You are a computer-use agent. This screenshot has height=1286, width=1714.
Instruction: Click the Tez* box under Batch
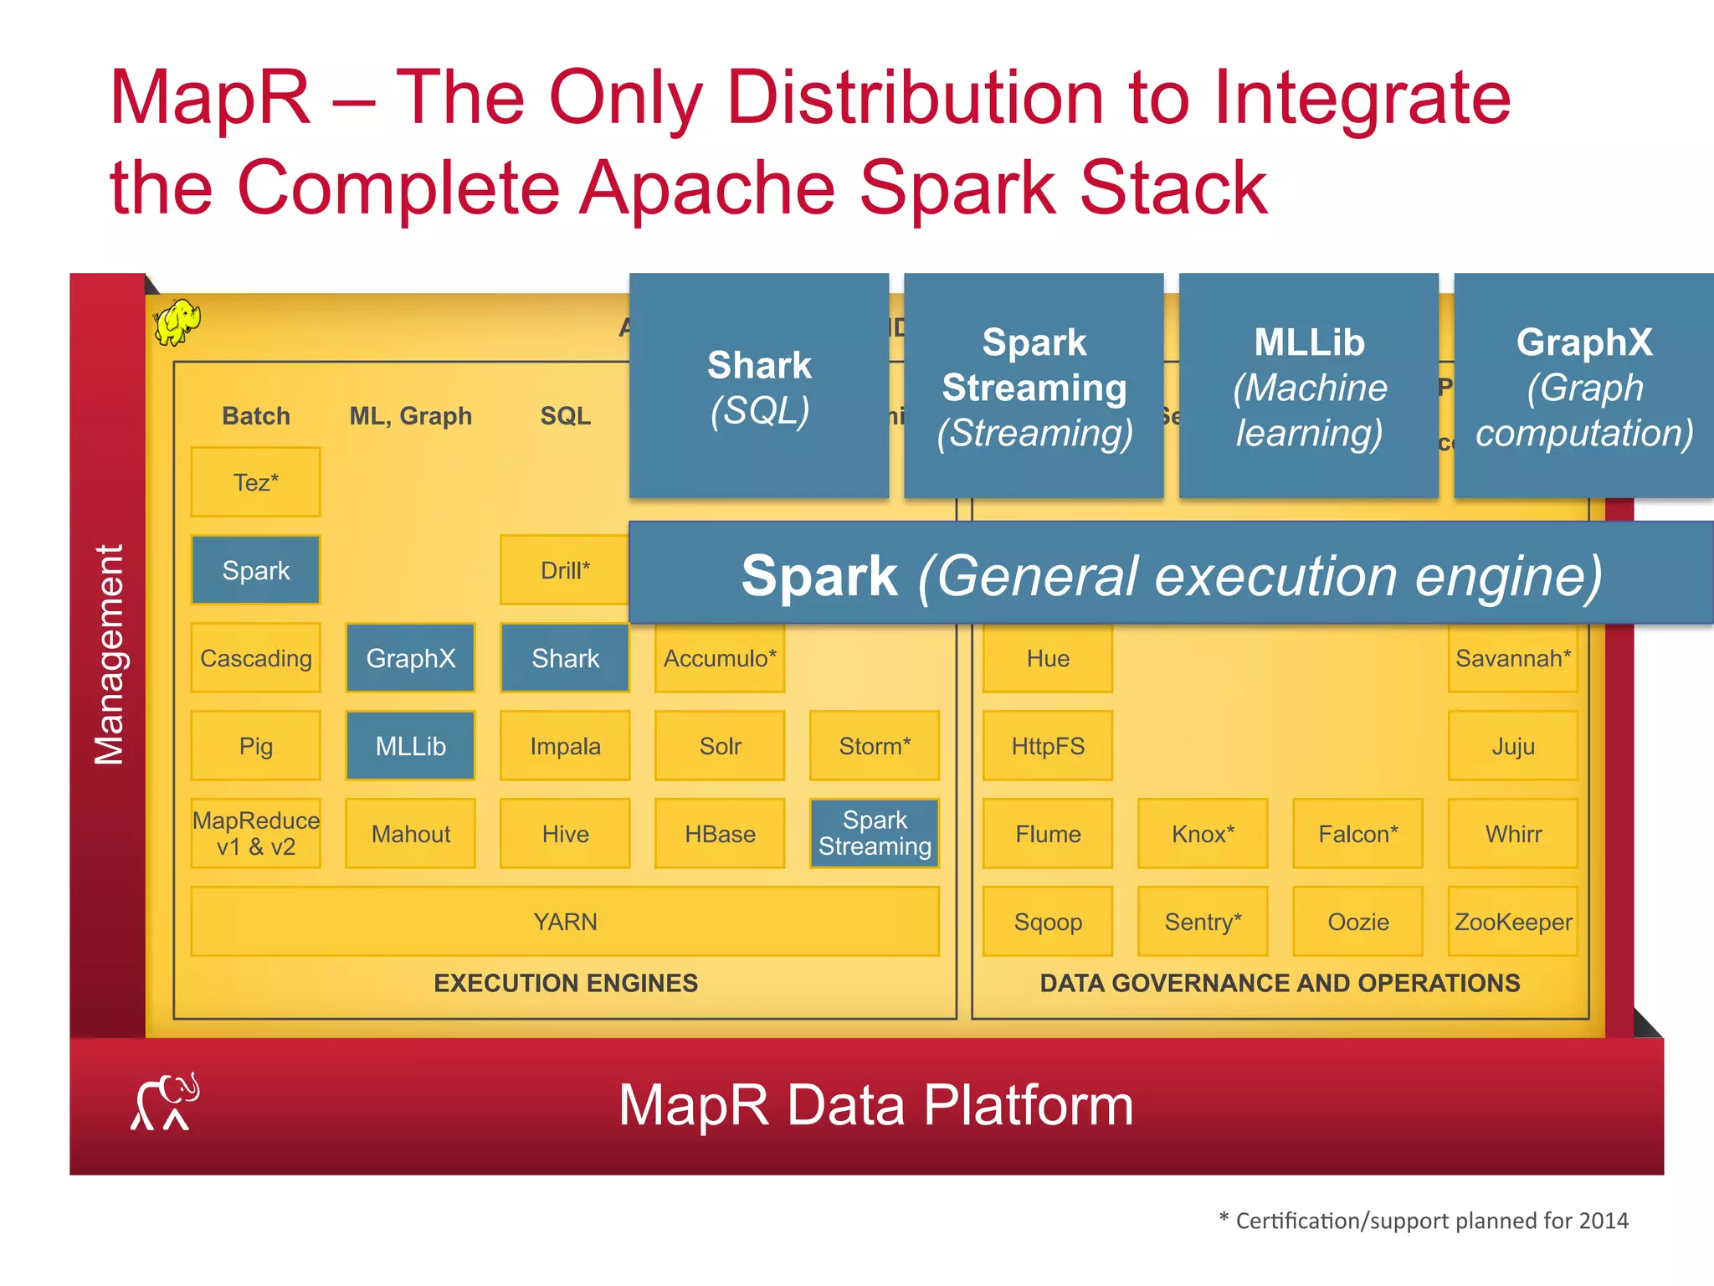pyautogui.click(x=255, y=482)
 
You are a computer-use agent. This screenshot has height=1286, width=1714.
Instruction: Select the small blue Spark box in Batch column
pyautogui.click(x=255, y=570)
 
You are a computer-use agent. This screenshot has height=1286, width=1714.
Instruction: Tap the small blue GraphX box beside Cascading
pyautogui.click(x=410, y=658)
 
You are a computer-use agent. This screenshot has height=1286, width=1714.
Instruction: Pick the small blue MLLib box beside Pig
pyautogui.click(x=410, y=746)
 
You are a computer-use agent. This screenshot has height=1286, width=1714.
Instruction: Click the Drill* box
pyautogui.click(x=564, y=570)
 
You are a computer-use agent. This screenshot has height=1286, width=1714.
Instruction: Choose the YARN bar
pyautogui.click(x=565, y=922)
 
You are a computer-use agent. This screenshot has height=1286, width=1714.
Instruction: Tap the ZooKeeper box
pyautogui.click(x=1512, y=922)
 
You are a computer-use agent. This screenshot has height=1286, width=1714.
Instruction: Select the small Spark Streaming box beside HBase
pyautogui.click(x=875, y=833)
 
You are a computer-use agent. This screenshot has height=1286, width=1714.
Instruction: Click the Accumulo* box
pyautogui.click(x=720, y=658)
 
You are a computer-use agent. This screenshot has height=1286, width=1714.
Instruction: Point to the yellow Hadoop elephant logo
pyautogui.click(x=177, y=322)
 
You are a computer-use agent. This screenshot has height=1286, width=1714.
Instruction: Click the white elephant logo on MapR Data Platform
pyautogui.click(x=166, y=1103)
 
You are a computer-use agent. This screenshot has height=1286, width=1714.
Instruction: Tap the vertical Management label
pyautogui.click(x=109, y=655)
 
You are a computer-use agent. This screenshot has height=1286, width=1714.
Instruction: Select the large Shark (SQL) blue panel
pyautogui.click(x=758, y=386)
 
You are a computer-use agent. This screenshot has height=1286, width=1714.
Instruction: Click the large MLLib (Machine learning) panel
pyautogui.click(x=1309, y=386)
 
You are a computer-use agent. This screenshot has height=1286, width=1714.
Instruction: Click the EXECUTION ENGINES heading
pyautogui.click(x=565, y=983)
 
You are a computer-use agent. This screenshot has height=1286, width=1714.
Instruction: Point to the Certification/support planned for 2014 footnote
pyautogui.click(x=1424, y=1221)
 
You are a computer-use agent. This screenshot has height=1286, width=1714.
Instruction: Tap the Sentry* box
pyautogui.click(x=1203, y=922)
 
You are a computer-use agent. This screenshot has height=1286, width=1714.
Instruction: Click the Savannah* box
pyautogui.click(x=1512, y=658)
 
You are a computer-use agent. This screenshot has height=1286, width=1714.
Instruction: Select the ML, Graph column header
pyautogui.click(x=410, y=416)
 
